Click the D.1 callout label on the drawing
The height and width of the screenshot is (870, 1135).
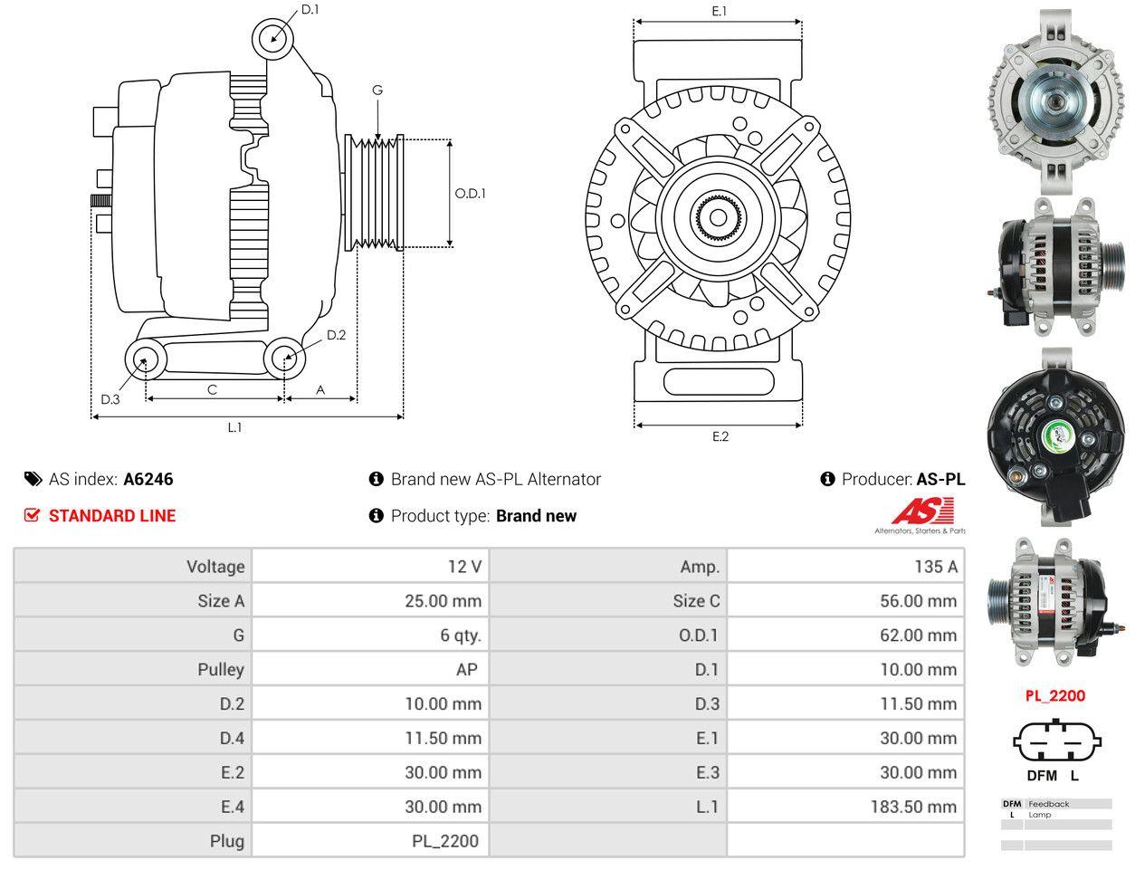click(x=310, y=9)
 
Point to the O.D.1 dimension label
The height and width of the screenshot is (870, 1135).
click(x=470, y=194)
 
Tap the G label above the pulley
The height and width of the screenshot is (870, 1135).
click(x=377, y=90)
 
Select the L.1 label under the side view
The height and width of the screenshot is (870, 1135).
click(x=234, y=427)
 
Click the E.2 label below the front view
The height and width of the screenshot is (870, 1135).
click(x=720, y=436)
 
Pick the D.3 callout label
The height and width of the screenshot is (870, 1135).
click(x=110, y=399)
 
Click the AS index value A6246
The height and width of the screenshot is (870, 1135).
click(x=148, y=479)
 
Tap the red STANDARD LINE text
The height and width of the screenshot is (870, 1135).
click(x=112, y=515)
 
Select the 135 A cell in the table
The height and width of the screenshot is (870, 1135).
click(x=845, y=566)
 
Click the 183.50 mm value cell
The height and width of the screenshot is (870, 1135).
click(x=845, y=807)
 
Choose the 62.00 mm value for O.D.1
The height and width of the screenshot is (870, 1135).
click(x=845, y=635)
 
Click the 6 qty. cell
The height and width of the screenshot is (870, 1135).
click(x=370, y=635)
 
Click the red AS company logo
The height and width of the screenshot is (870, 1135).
click(x=922, y=511)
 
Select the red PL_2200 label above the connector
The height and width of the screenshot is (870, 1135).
click(x=1055, y=695)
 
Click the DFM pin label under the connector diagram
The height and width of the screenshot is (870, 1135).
click(x=1042, y=776)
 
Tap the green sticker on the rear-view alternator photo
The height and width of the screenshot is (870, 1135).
click(x=1056, y=436)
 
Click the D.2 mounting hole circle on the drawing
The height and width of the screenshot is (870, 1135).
click(x=284, y=358)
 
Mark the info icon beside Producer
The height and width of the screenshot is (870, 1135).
click(x=827, y=479)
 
